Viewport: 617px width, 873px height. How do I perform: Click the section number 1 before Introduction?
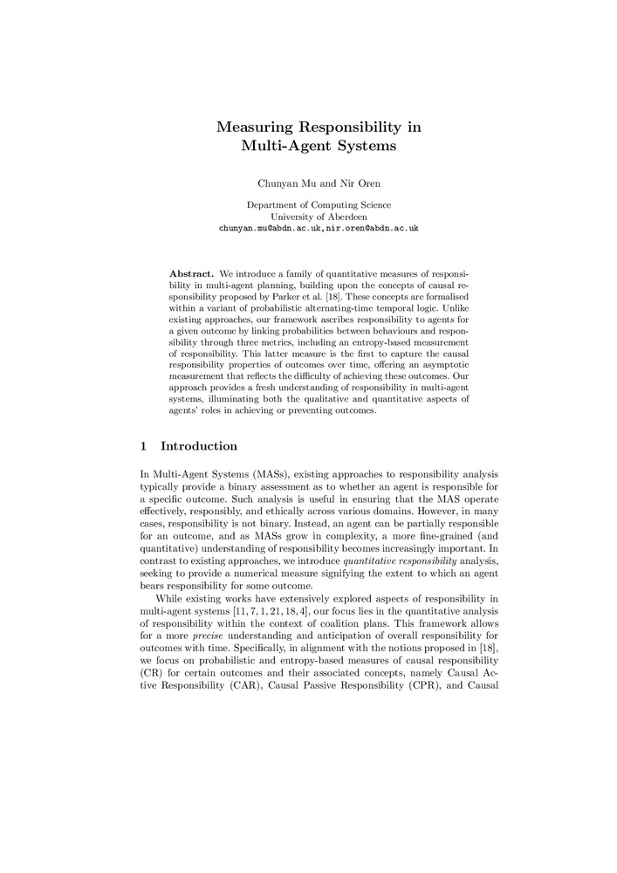click(x=143, y=447)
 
